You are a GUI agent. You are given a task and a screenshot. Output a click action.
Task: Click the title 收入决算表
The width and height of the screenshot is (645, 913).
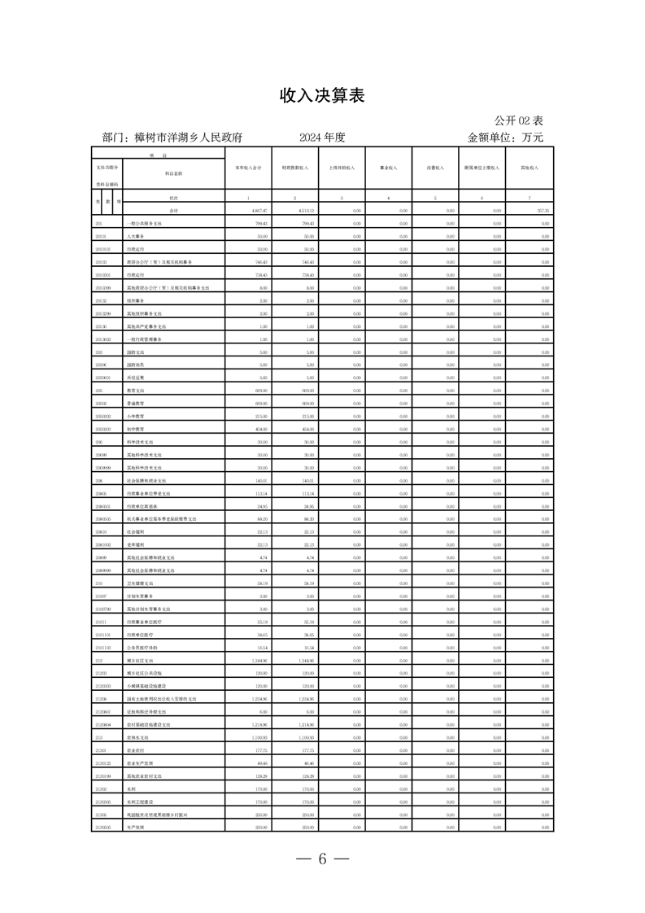pos(322,96)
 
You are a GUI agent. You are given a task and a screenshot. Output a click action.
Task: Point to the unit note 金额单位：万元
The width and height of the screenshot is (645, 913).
pos(505,138)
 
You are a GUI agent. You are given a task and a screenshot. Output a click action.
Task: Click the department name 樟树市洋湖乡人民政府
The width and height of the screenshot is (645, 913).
pos(172,138)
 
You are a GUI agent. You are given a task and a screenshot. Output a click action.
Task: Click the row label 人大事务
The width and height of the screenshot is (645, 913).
pos(136,236)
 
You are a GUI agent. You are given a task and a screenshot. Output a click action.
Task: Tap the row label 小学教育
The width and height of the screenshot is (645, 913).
pos(135,417)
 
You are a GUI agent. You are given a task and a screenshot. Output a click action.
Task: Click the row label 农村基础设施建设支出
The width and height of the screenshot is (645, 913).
pos(149,723)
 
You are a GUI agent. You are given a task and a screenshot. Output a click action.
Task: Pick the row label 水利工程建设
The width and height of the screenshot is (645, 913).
pos(138,801)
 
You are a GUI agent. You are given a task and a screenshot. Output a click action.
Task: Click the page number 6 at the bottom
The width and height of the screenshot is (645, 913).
pos(322,861)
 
